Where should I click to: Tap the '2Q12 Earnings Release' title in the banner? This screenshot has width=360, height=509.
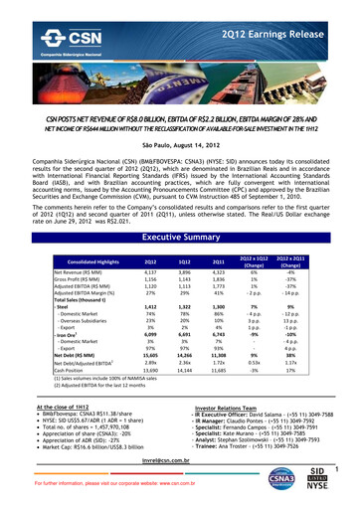coord(292,18)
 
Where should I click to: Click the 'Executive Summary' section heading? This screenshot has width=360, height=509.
coord(179,210)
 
